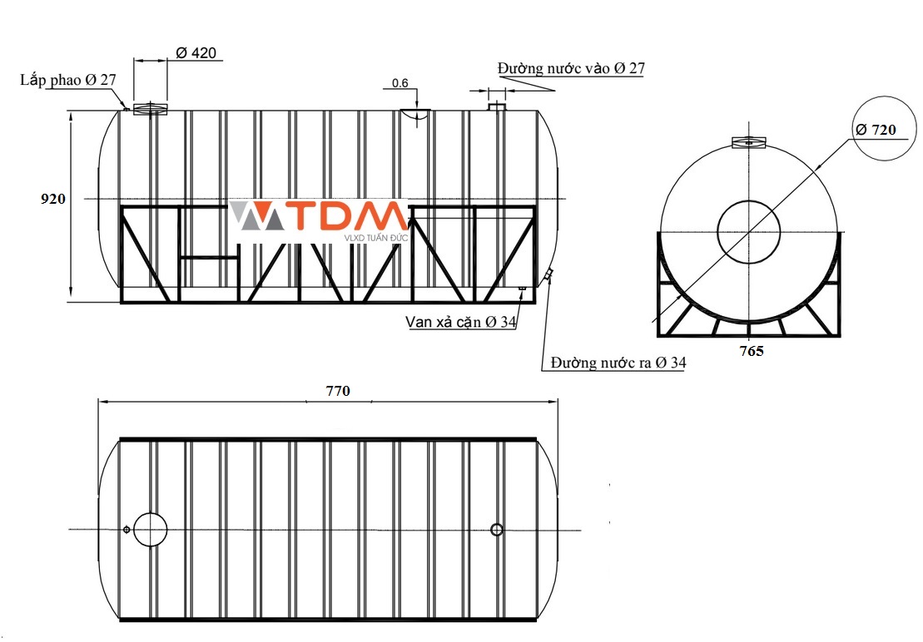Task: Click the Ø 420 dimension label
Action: click(x=196, y=53)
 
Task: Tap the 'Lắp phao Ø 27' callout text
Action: click(x=68, y=80)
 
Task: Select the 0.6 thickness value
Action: click(x=399, y=83)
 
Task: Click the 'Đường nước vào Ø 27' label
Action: click(x=571, y=68)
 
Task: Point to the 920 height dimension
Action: click(x=53, y=200)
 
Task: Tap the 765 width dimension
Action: click(x=752, y=351)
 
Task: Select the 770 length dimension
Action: click(x=337, y=390)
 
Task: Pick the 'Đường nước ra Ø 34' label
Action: click(x=618, y=363)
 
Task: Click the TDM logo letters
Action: click(x=350, y=217)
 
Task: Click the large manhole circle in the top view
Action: click(x=151, y=529)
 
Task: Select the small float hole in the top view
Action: click(x=127, y=529)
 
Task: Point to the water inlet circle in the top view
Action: click(x=497, y=529)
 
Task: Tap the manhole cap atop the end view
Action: click(x=748, y=142)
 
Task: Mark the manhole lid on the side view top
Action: click(x=151, y=108)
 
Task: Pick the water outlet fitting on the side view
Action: click(x=549, y=275)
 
